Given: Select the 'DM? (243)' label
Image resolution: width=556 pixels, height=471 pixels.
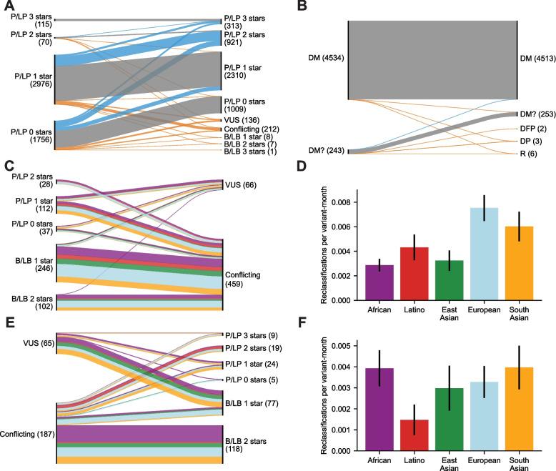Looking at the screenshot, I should (319, 149).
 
